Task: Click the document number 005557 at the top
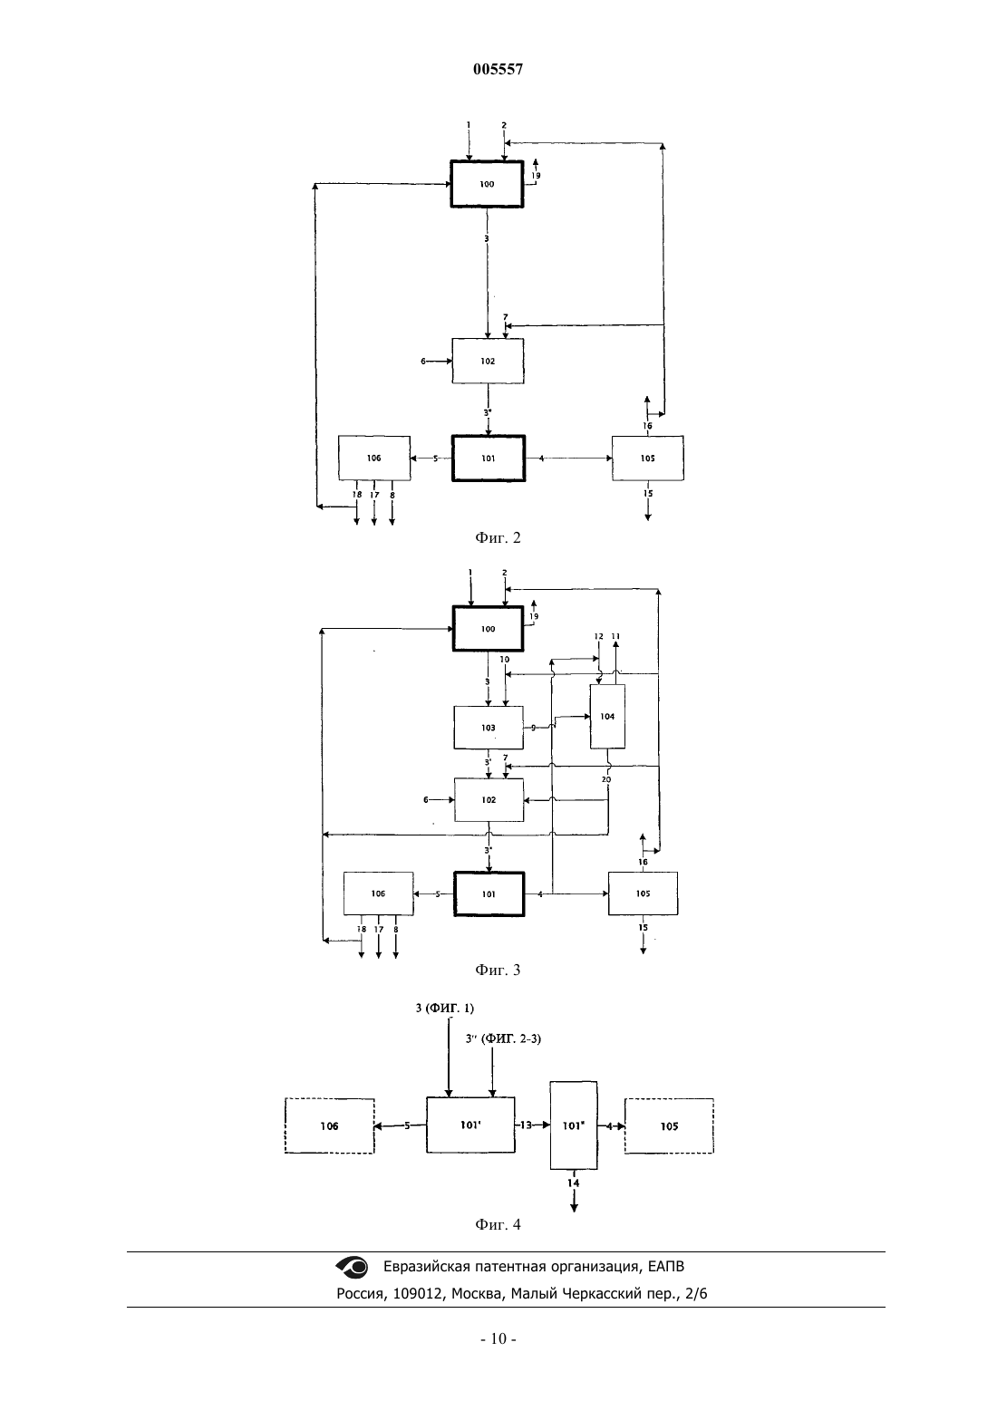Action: pyautogui.click(x=498, y=69)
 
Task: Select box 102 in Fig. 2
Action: pyautogui.click(x=488, y=362)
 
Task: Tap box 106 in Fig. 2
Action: pyautogui.click(x=374, y=459)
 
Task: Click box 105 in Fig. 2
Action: pyautogui.click(x=648, y=459)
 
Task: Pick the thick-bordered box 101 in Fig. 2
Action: pyautogui.click(x=489, y=459)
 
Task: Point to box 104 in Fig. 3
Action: pyautogui.click(x=607, y=717)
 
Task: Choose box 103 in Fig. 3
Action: pyautogui.click(x=489, y=728)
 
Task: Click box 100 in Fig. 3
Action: pyautogui.click(x=489, y=629)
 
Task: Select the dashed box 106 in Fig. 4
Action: pyautogui.click(x=330, y=1126)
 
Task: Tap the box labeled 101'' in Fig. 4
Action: pyautogui.click(x=574, y=1125)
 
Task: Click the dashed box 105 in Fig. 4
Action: pyautogui.click(x=669, y=1126)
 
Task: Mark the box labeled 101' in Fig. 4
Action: pyautogui.click(x=470, y=1125)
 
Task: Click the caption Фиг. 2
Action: pyautogui.click(x=498, y=537)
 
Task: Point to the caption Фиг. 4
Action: pyautogui.click(x=498, y=1225)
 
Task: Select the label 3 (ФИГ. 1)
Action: pyautogui.click(x=444, y=1008)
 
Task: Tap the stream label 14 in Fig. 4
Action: pyautogui.click(x=574, y=1183)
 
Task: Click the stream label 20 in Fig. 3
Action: pyautogui.click(x=606, y=779)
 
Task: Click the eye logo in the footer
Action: pyautogui.click(x=352, y=1267)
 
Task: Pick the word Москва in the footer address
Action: pyautogui.click(x=477, y=1293)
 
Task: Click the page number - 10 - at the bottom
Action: pyautogui.click(x=498, y=1338)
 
